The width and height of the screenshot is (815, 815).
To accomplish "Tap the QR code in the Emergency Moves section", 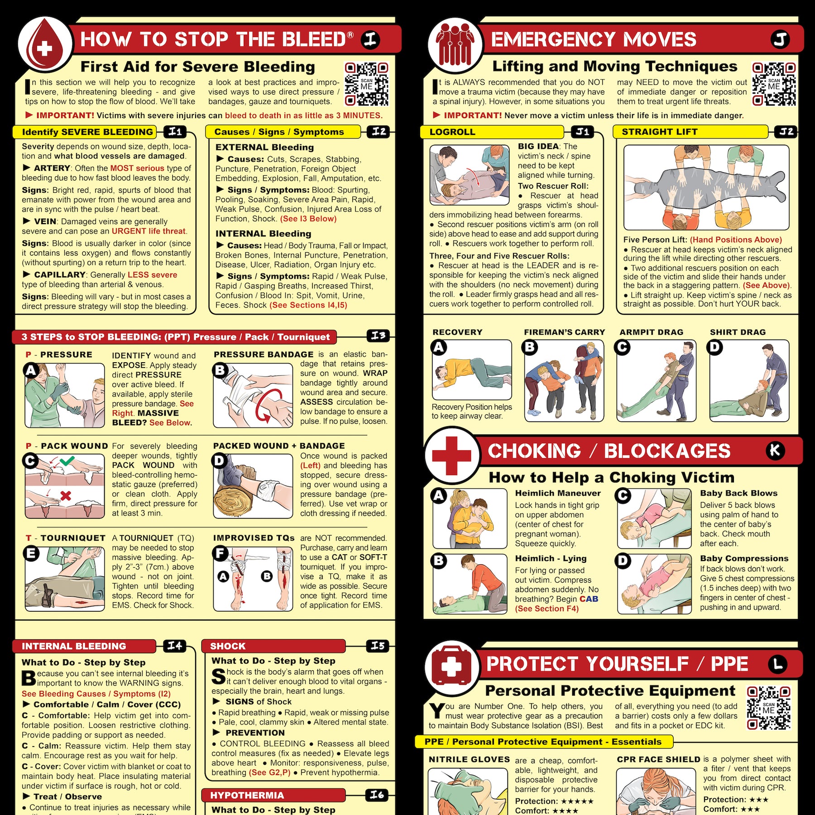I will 774,84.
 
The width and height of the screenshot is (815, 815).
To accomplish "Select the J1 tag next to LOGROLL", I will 583,132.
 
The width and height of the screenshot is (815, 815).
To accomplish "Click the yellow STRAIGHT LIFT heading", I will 659,132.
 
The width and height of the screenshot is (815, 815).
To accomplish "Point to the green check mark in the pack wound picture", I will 67,461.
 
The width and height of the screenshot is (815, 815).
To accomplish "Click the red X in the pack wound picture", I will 66,495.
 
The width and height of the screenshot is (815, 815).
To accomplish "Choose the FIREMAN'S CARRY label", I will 564,332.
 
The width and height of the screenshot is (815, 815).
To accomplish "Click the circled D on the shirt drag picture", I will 715,348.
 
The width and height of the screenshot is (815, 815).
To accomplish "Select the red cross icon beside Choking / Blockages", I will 451,455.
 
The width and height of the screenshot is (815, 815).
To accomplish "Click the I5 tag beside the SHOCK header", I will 378,646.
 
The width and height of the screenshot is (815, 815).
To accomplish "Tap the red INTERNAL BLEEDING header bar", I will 84,646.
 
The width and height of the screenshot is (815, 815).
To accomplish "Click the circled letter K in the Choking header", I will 775,451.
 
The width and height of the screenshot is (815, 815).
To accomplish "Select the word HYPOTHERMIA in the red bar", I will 247,795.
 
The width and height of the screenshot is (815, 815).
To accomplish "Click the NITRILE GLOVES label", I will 469,759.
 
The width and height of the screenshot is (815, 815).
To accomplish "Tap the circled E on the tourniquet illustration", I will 31,553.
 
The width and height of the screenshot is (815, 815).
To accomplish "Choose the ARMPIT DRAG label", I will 651,332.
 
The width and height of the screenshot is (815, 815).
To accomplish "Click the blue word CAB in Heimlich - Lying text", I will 589,599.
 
